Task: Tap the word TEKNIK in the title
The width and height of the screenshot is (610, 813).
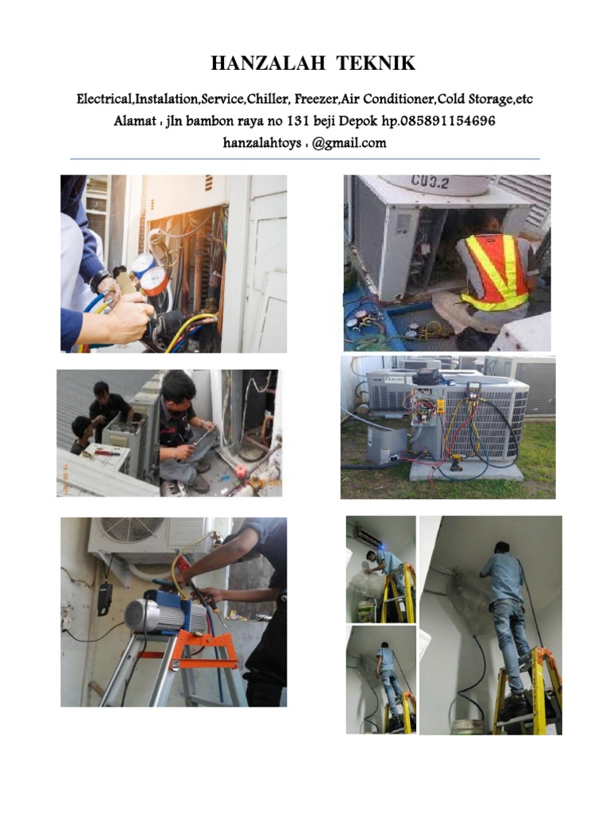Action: pyautogui.click(x=368, y=64)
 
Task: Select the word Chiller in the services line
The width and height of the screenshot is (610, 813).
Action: pyautogui.click(x=269, y=99)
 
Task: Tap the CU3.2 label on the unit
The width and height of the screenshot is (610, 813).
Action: pyautogui.click(x=430, y=183)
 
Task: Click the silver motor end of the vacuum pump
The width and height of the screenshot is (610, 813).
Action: pyautogui.click(x=141, y=616)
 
